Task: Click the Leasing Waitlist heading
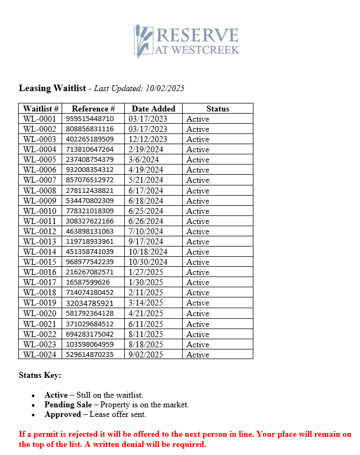point(52,88)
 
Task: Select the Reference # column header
point(93,109)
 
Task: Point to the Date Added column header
point(153,109)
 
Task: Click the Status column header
point(217,109)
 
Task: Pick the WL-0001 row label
point(40,119)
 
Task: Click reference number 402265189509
point(89,139)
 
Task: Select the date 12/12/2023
point(148,139)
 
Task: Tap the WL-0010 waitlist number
point(40,211)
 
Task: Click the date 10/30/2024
point(148,262)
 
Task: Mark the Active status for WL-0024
point(198,355)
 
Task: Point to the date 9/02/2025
point(146,355)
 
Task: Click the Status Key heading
point(40,375)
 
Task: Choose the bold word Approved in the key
point(63,414)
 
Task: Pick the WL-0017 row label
point(40,282)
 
